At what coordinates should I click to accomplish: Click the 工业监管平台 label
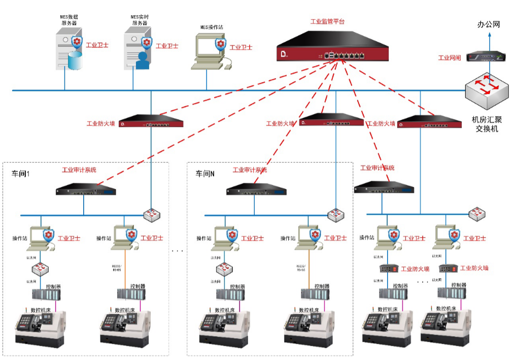coord(327,22)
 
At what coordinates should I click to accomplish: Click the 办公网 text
coord(489,24)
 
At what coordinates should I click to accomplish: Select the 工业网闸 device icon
coord(487,56)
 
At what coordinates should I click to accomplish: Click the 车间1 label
coord(22,174)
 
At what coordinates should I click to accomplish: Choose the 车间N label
coord(205,174)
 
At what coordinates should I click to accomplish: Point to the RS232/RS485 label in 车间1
coord(118,268)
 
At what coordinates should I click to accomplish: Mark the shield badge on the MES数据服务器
coord(77,42)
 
